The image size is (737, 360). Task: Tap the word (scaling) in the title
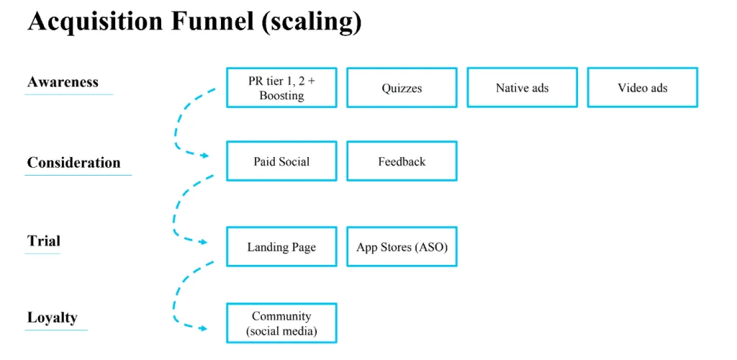[312, 22]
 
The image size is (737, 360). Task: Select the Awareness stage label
[63, 82]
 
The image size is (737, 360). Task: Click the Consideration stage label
[74, 163]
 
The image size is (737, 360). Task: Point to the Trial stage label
[44, 241]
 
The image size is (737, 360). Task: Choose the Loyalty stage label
[52, 318]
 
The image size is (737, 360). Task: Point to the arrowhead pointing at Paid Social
[204, 155]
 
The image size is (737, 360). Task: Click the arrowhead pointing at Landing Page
[204, 242]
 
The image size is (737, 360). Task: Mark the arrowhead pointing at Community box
[204, 328]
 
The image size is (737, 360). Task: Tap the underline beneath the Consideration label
[78, 175]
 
